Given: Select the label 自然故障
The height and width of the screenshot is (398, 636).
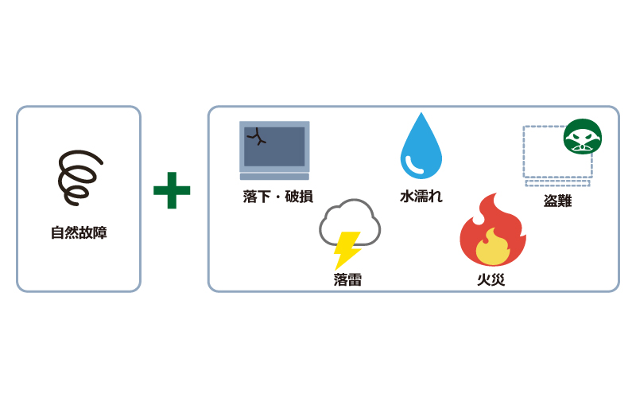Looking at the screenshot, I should coord(79,233).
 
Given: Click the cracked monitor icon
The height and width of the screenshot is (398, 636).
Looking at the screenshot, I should coord(274,146).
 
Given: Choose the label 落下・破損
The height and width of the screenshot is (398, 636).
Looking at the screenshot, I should coord(277,197).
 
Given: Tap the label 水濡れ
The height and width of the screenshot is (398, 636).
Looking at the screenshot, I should coord(421,197).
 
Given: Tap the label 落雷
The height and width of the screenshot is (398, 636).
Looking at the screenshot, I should coord(347,279).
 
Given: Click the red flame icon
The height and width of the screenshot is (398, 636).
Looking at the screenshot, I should coord(492,230).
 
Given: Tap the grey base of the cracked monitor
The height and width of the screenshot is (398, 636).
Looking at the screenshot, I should coord(274,176).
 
